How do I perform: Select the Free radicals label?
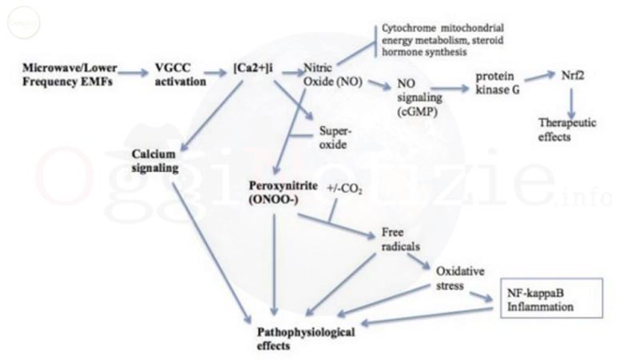point(394,239)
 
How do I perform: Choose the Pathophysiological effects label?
point(304,336)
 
